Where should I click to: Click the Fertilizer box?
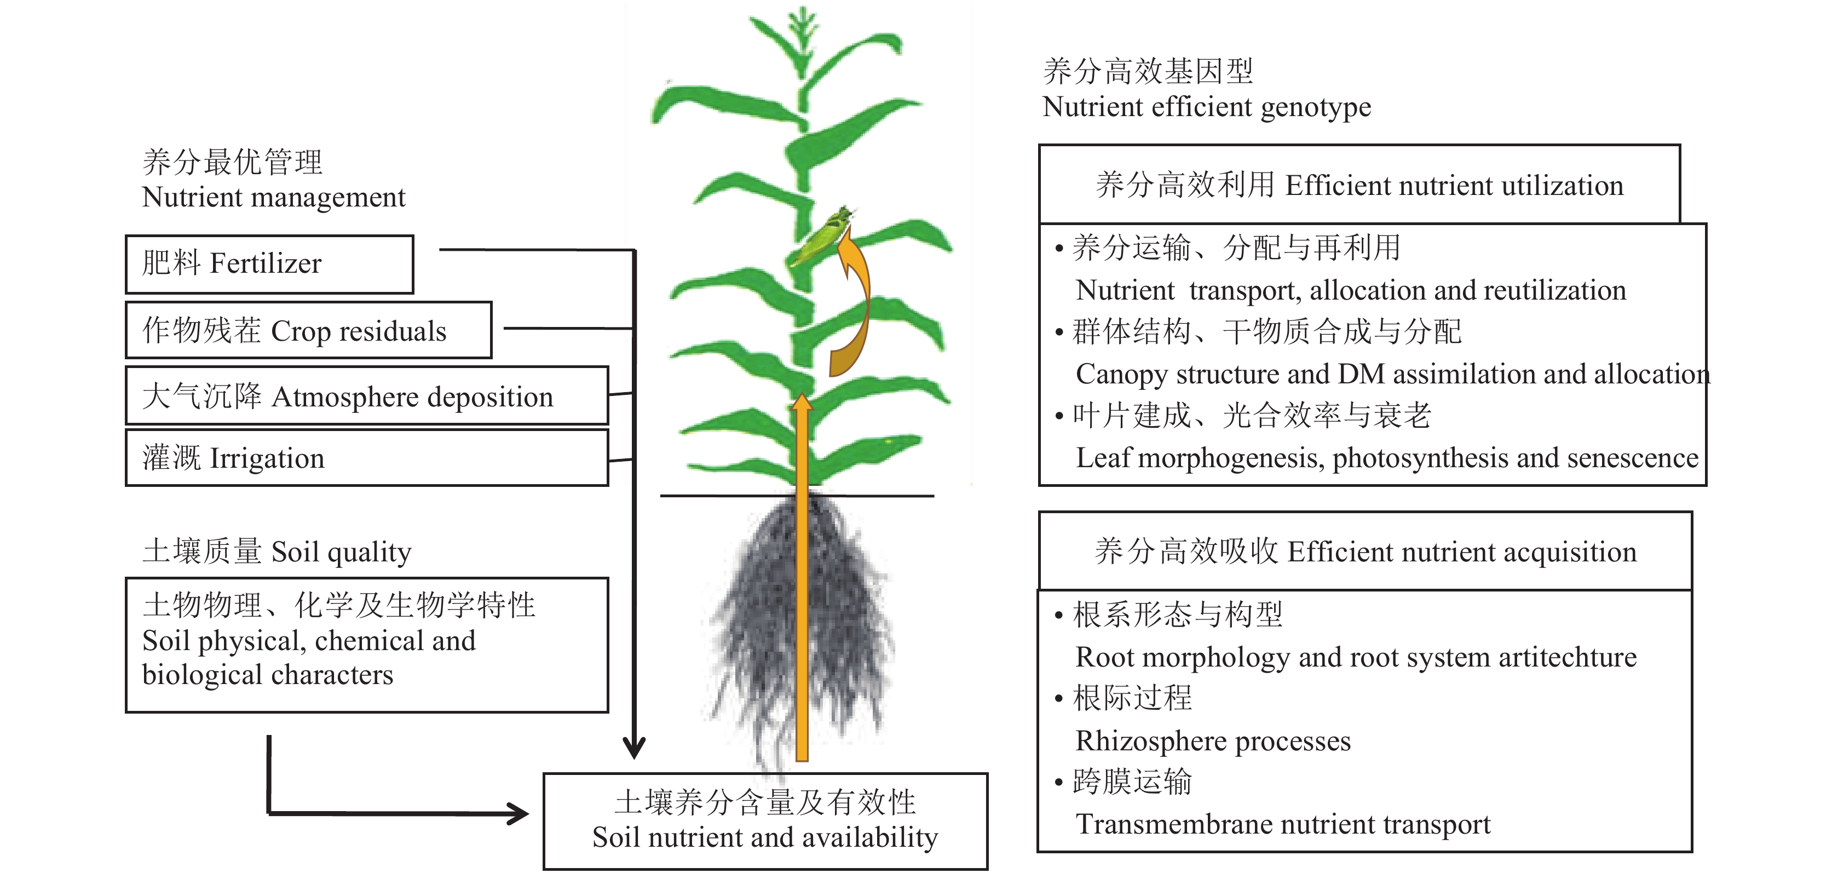point(269,264)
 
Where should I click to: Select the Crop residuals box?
point(308,330)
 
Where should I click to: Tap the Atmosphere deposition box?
point(366,395)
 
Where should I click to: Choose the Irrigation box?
point(366,457)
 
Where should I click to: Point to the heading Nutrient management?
point(273,197)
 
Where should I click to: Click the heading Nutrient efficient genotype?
point(1206,107)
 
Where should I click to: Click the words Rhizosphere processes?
point(1213,740)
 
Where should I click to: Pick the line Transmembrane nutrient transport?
point(1282,824)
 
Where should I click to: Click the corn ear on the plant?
point(821,235)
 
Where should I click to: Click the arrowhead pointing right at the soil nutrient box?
point(516,813)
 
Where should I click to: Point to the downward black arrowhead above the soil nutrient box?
point(633,747)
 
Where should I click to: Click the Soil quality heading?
point(276,552)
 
